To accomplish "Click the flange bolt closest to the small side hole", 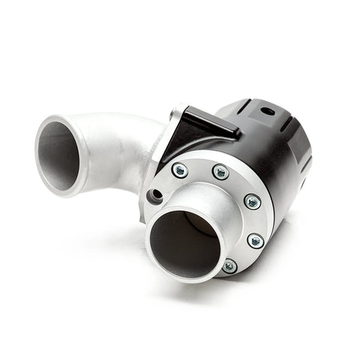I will tap(179, 170).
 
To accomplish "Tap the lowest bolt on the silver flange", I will tap(229, 265).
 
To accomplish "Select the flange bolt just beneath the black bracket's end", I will tap(220, 172).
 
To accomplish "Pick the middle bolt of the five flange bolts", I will tap(253, 201).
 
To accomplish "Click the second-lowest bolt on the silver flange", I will tap(255, 241).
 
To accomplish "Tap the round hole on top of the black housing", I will tap(267, 112).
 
